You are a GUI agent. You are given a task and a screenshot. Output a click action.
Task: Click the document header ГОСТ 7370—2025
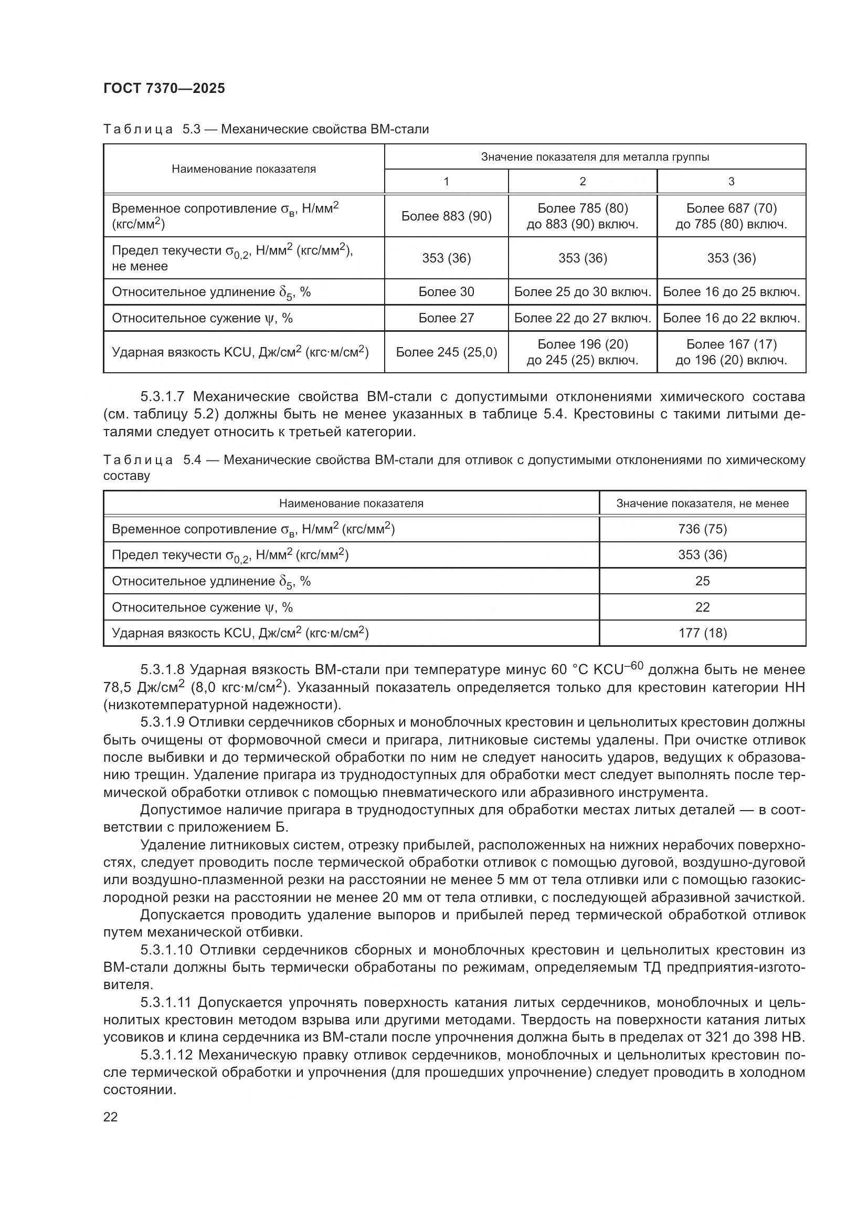point(164,88)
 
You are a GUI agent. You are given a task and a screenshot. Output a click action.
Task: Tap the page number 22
point(111,1117)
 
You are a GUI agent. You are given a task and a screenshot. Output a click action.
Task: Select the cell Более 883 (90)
point(446,216)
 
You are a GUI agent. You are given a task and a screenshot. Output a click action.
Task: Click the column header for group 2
point(582,181)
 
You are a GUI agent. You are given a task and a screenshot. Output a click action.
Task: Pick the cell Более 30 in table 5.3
point(446,292)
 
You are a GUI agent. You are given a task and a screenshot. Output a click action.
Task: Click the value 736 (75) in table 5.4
point(702,529)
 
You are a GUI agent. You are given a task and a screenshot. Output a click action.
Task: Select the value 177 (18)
point(702,633)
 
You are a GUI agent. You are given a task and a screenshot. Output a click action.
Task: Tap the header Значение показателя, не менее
point(702,503)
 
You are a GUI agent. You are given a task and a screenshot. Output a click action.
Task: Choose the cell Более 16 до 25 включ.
point(731,292)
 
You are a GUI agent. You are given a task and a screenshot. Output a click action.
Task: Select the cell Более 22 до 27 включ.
point(582,318)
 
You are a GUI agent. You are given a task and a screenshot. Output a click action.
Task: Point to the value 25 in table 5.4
point(702,581)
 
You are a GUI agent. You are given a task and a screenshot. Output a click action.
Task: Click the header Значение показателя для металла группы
point(595,156)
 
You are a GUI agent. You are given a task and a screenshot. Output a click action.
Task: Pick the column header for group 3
point(731,181)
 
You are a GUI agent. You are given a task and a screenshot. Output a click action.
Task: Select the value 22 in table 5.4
point(702,607)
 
